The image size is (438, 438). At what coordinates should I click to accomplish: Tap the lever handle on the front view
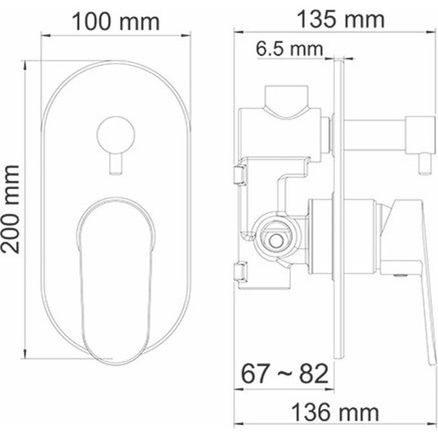115,261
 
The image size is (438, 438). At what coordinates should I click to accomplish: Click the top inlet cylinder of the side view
289,101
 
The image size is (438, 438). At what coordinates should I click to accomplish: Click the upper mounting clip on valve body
239,174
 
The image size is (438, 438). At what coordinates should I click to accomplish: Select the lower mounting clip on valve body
239,271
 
